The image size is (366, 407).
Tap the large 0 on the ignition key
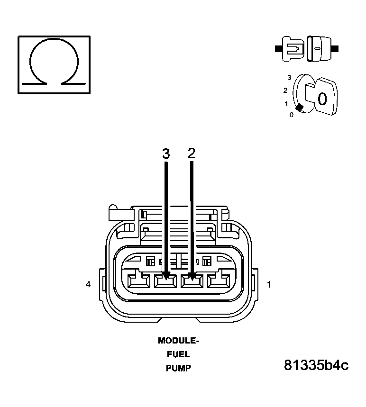322,99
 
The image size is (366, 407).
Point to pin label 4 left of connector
88,284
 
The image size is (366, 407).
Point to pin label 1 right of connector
269,284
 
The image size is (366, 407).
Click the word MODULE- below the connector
178,340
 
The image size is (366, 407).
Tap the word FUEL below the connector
178,354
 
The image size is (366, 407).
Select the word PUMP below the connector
178,368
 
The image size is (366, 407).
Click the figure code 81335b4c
316,365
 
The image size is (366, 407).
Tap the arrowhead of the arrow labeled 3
166,275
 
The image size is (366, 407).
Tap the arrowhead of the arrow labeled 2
192,275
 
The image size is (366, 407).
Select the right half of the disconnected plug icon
320,48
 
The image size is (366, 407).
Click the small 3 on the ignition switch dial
289,77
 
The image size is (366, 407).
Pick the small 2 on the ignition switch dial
285,90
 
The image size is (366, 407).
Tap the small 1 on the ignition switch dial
286,103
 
